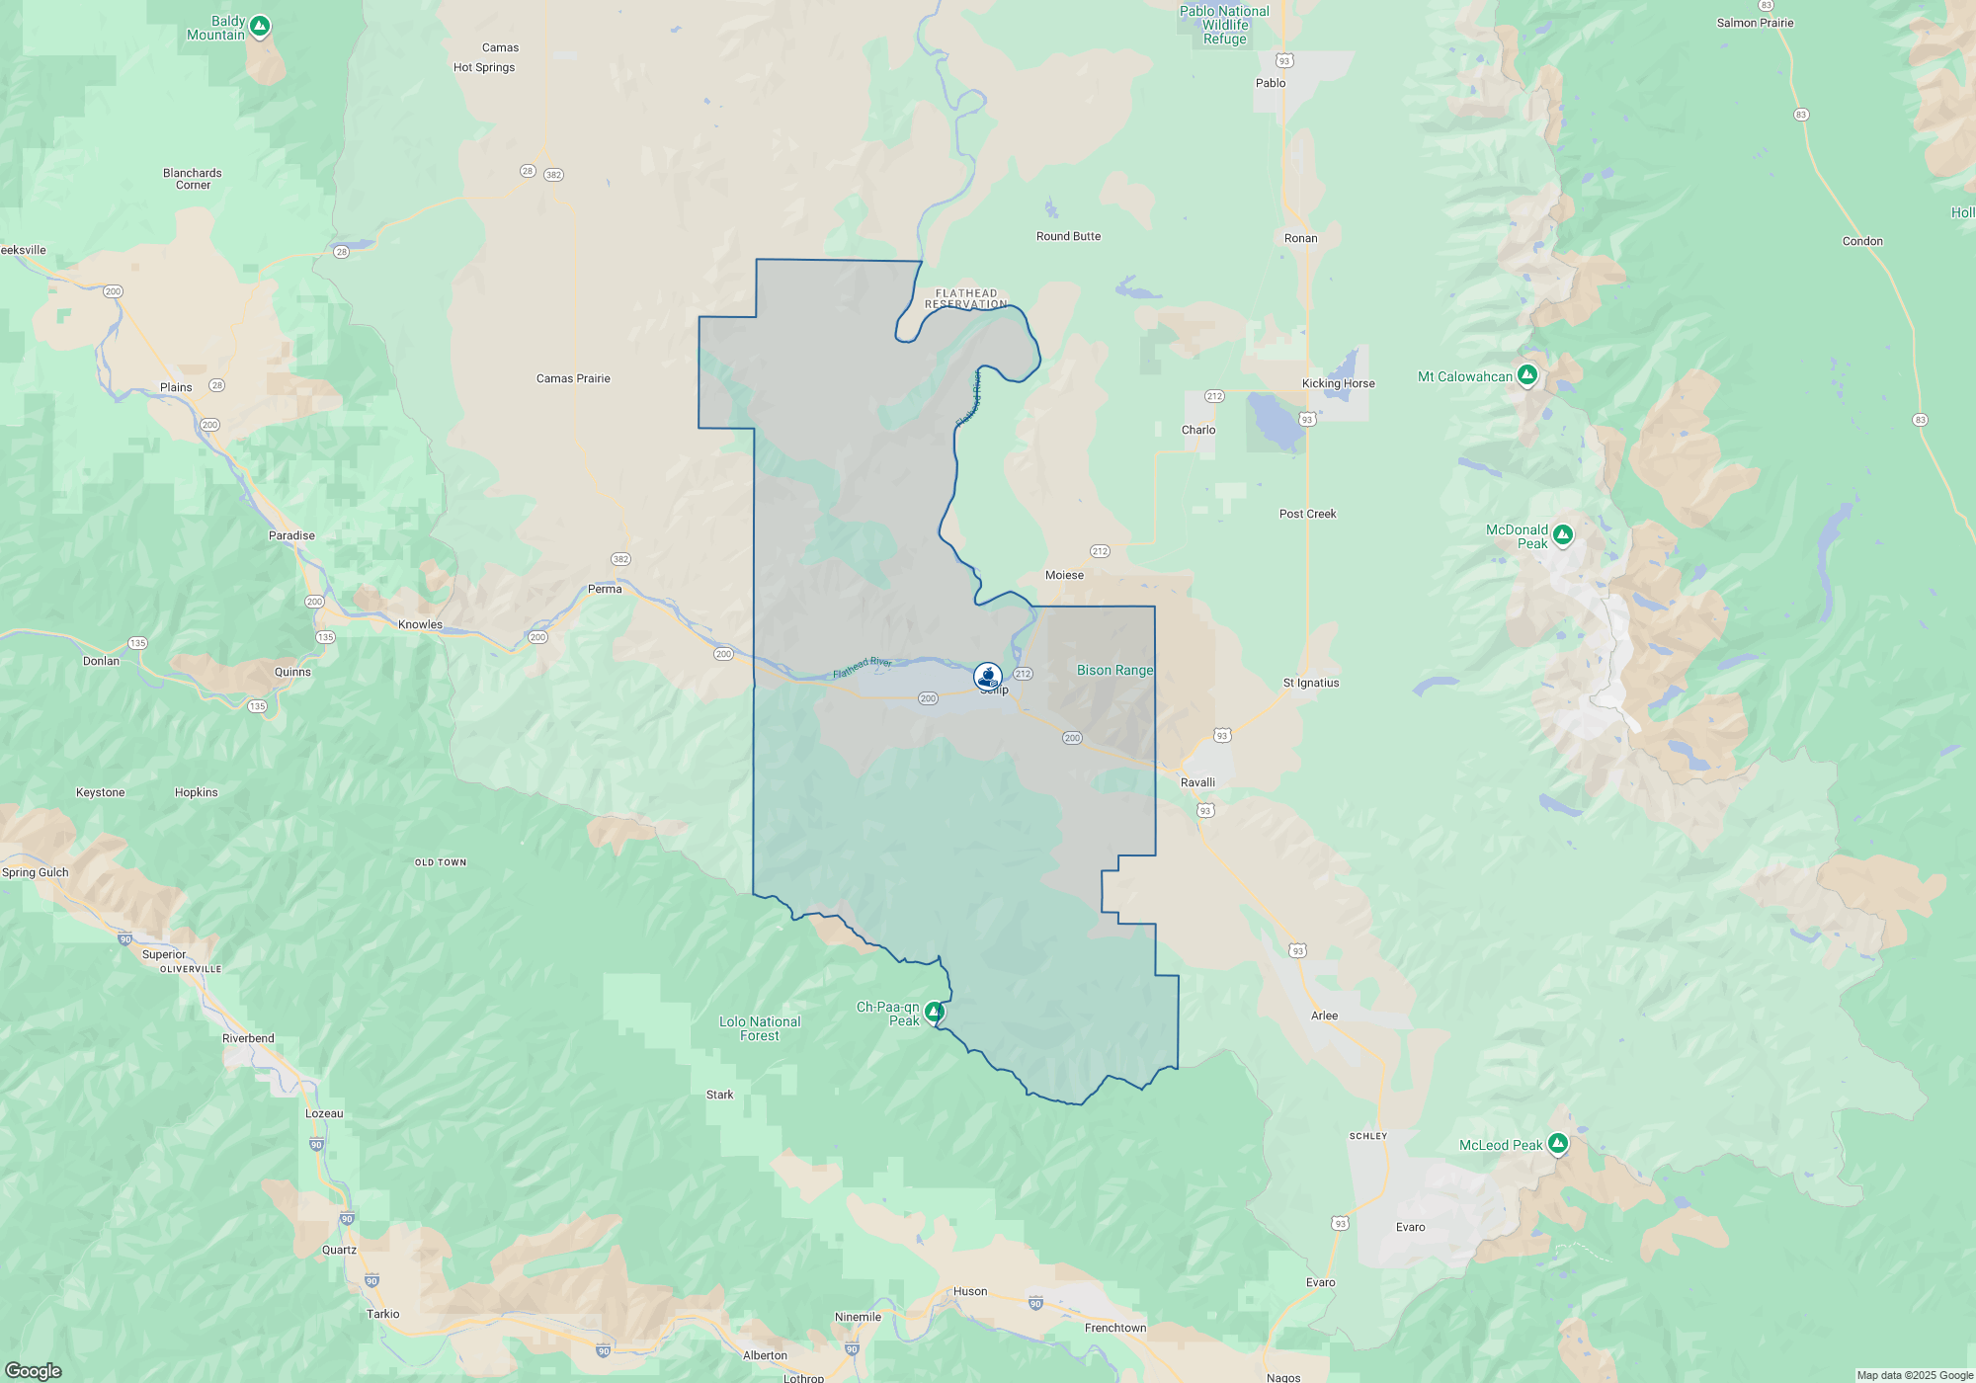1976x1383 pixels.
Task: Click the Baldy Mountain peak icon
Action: [260, 27]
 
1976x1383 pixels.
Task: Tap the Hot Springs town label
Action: [484, 67]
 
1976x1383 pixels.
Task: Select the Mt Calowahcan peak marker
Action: [1527, 374]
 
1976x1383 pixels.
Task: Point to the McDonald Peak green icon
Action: [1562, 535]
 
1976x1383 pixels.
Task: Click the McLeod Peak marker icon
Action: [1558, 1144]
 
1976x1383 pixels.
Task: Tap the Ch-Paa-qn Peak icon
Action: [934, 1012]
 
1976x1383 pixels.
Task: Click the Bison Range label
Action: [1114, 670]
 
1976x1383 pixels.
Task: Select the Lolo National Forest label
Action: [760, 1028]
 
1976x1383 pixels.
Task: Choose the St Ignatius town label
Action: [1311, 683]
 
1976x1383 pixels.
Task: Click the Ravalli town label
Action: [1197, 782]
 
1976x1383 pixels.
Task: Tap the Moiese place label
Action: [1064, 575]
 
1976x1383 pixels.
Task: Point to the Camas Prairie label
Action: [573, 378]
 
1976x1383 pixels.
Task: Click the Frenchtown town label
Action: [1115, 1328]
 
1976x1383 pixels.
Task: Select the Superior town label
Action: [164, 954]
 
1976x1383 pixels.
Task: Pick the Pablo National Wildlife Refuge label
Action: [1224, 25]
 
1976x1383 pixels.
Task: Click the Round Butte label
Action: [1068, 236]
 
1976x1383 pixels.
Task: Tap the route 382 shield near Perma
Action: [620, 559]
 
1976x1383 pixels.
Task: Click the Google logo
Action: [34, 1370]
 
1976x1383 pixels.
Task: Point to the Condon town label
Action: [1862, 241]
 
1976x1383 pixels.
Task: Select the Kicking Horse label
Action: [1338, 383]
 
